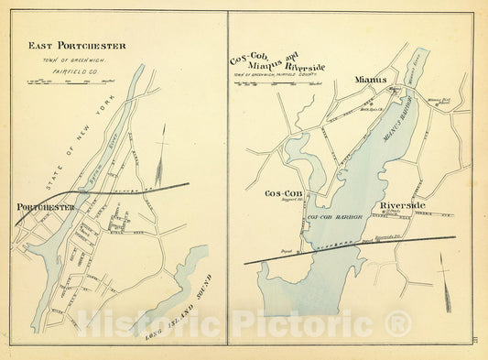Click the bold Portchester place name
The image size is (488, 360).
click(x=46, y=208)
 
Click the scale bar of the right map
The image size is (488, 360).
click(x=271, y=90)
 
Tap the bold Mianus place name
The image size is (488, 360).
click(x=370, y=80)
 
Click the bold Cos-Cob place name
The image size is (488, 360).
click(x=283, y=194)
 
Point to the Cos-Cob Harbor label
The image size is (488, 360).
click(x=336, y=217)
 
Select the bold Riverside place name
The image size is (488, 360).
click(x=402, y=205)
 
